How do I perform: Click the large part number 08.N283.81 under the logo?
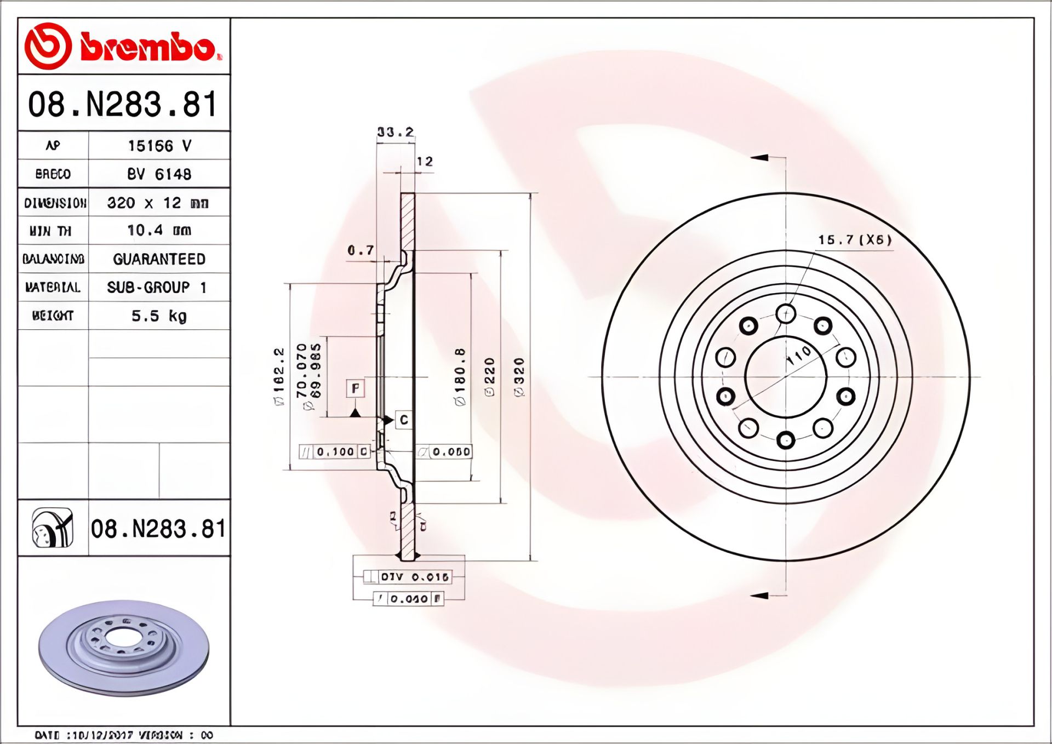[123, 104]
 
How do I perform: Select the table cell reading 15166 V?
[159, 146]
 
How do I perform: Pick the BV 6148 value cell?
[159, 174]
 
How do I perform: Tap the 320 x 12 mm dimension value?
[158, 203]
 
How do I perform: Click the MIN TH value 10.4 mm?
[159, 231]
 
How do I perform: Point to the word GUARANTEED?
[159, 259]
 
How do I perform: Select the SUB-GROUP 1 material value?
[157, 288]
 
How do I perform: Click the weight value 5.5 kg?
[159, 316]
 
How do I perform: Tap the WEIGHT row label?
[53, 316]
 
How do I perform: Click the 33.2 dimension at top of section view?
[395, 132]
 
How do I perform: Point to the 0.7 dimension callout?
[361, 250]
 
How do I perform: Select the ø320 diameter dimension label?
[519, 377]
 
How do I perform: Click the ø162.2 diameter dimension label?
[279, 376]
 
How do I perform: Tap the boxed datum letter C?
[404, 420]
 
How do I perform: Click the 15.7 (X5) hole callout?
[855, 240]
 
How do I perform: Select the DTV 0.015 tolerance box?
[414, 577]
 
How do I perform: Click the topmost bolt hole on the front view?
[786, 314]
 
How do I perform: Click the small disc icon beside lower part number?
[53, 528]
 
